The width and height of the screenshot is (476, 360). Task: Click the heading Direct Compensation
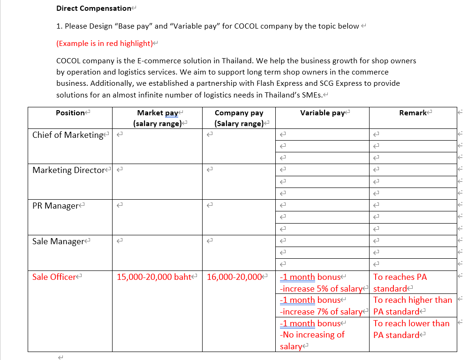tap(94, 8)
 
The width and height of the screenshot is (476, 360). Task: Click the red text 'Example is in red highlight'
tap(106, 43)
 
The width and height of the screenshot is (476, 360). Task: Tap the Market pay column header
tap(157, 118)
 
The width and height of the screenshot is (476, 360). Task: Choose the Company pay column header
tap(239, 118)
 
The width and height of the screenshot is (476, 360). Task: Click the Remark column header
tap(413, 113)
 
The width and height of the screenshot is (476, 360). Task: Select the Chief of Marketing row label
tap(68, 135)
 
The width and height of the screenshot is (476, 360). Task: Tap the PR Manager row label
tap(55, 206)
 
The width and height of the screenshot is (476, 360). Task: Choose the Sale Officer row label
tap(54, 277)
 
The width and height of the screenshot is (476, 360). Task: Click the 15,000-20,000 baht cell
tap(154, 277)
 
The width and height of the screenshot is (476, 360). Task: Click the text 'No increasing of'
tap(312, 335)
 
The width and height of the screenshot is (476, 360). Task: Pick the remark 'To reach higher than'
tap(413, 300)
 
